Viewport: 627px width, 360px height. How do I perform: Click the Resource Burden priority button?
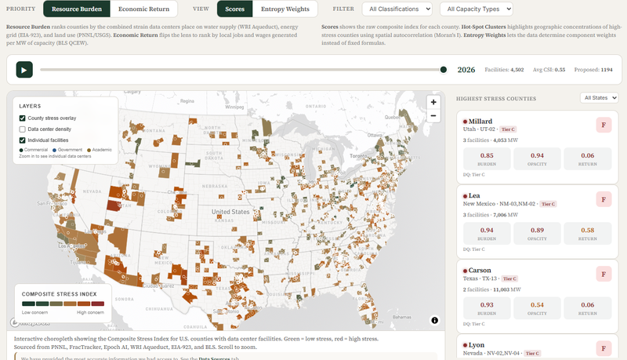click(x=76, y=9)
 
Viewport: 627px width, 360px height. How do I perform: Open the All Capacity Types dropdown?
click(x=476, y=9)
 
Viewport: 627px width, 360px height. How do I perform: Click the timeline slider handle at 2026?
click(x=444, y=70)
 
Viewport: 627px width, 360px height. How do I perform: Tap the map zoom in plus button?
click(x=433, y=102)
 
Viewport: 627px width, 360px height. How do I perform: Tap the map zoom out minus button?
click(x=433, y=115)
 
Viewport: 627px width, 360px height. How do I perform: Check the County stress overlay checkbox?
click(x=23, y=118)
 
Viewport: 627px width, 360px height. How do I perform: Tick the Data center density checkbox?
click(x=23, y=129)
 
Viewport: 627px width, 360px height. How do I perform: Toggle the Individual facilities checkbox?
click(x=23, y=140)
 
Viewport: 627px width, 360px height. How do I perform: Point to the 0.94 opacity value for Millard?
click(x=537, y=156)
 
